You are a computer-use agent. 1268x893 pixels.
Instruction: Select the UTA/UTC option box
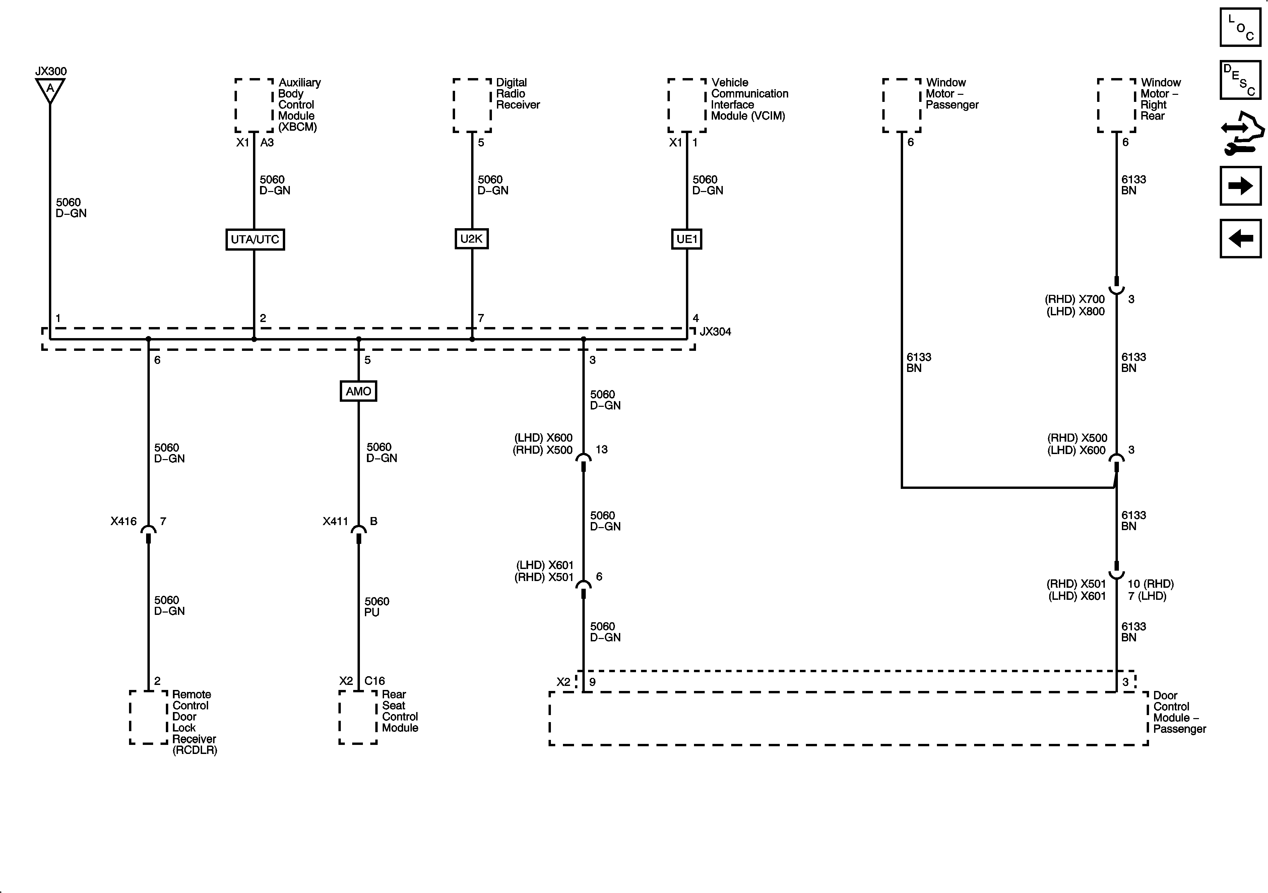click(255, 239)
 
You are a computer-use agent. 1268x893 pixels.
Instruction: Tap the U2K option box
click(471, 239)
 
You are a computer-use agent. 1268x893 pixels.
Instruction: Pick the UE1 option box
click(687, 239)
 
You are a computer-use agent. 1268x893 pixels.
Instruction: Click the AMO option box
click(359, 391)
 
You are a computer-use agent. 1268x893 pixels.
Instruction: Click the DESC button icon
click(1241, 80)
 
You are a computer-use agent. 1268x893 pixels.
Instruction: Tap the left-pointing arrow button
click(1241, 239)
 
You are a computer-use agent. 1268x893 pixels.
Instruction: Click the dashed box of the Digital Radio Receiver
click(472, 105)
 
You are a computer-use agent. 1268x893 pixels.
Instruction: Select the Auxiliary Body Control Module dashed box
click(254, 105)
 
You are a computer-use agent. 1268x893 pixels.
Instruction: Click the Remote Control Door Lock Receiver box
click(148, 717)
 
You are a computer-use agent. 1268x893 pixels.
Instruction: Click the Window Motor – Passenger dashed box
click(902, 105)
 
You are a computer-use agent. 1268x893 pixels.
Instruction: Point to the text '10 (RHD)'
click(1150, 584)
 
